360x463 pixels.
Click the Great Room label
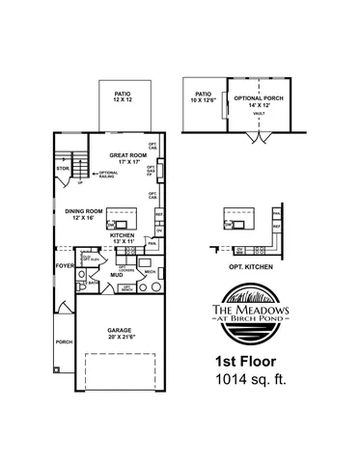click(127, 155)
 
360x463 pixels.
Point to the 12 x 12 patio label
click(122, 96)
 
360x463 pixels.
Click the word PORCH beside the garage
click(64, 341)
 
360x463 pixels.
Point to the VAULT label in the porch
click(259, 114)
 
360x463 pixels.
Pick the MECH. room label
click(150, 272)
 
